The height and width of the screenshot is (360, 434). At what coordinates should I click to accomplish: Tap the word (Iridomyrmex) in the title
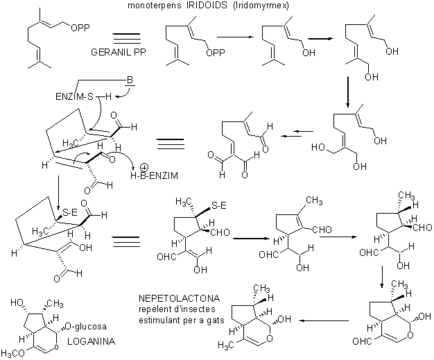[261, 6]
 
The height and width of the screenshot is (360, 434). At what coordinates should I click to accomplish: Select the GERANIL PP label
[118, 52]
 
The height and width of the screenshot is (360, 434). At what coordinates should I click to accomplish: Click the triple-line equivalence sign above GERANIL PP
[127, 38]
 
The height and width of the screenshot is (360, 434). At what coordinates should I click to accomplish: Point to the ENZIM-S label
[75, 96]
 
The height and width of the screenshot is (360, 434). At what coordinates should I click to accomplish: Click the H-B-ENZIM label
[154, 175]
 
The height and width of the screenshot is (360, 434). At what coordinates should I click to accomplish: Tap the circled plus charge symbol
[144, 168]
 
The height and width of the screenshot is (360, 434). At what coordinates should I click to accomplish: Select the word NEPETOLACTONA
[180, 298]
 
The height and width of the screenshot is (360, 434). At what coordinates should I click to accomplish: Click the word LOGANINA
[92, 341]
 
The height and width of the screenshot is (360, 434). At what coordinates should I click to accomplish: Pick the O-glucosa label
[86, 326]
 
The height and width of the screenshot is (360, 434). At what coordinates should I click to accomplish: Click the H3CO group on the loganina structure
[14, 353]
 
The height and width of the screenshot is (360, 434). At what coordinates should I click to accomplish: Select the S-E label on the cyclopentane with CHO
[219, 205]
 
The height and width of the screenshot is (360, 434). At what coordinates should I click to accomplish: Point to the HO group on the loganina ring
[17, 302]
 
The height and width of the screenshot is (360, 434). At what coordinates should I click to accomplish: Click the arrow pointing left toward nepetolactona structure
[324, 320]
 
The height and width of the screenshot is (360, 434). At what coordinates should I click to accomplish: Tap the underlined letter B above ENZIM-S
[130, 81]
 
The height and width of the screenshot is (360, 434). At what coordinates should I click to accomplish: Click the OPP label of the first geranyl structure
[80, 28]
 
